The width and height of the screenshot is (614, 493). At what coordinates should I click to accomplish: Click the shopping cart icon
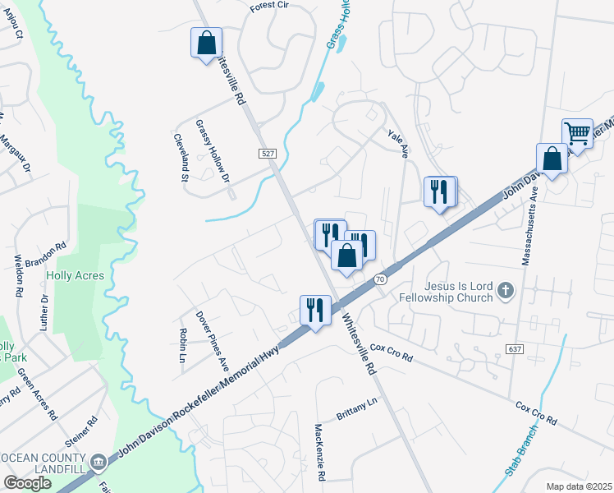point(577,134)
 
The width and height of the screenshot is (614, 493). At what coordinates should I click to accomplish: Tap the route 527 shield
point(268,154)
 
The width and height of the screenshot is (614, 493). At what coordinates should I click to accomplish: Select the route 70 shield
point(379,279)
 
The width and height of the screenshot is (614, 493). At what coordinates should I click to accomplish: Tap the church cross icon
point(506,289)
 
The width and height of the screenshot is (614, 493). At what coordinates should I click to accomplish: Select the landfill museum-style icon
point(98,463)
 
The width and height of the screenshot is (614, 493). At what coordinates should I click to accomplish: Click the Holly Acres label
point(75,276)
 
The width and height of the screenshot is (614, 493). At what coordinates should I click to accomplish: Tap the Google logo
point(28,483)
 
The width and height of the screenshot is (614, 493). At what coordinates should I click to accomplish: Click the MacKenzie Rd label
point(320,453)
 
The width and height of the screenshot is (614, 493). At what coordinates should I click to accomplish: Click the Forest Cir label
point(271,6)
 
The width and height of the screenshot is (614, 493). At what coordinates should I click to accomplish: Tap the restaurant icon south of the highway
point(315,311)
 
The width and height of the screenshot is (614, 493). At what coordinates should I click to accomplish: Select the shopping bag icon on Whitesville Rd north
point(207,43)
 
